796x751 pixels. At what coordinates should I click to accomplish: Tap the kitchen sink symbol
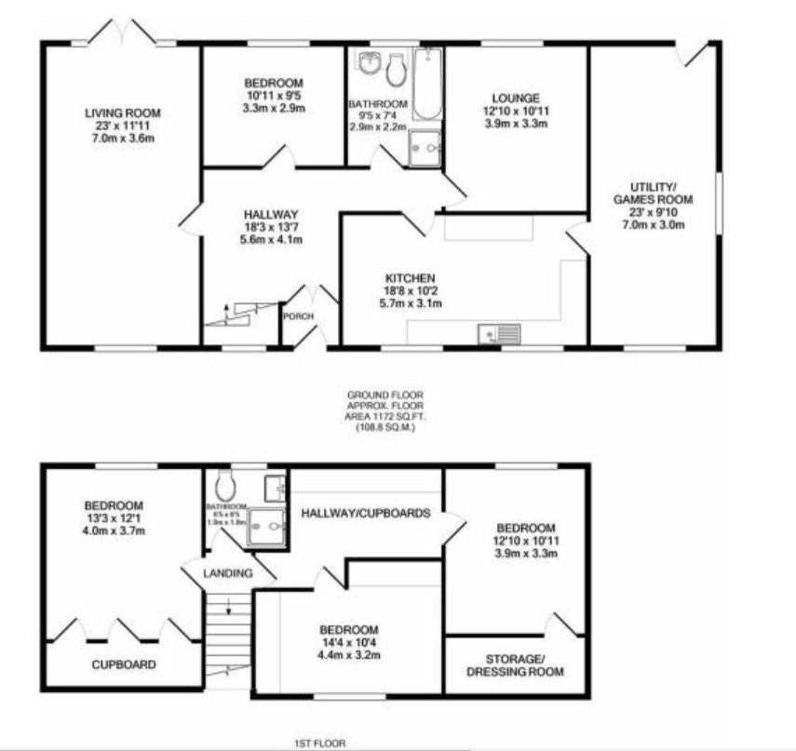pyautogui.click(x=499, y=333)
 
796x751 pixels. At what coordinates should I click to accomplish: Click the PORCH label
pyautogui.click(x=298, y=315)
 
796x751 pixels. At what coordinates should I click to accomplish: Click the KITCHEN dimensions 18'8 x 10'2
pyautogui.click(x=414, y=291)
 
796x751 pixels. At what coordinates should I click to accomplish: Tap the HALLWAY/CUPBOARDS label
pyautogui.click(x=364, y=512)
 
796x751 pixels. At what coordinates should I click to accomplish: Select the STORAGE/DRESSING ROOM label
pyautogui.click(x=514, y=665)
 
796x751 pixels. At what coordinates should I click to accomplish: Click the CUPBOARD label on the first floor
pyautogui.click(x=123, y=664)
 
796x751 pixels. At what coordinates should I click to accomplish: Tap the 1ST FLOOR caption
pyautogui.click(x=319, y=743)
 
